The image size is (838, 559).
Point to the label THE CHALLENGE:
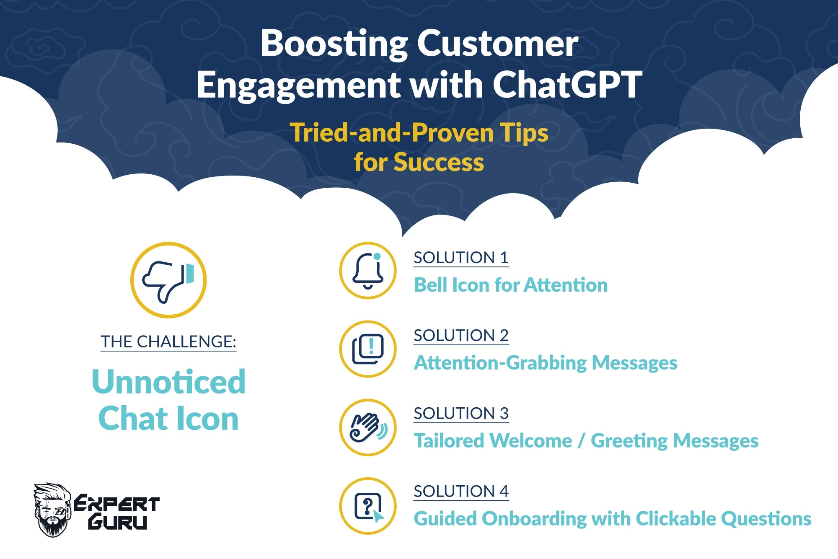click(x=168, y=342)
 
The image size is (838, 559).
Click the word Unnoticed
click(x=168, y=382)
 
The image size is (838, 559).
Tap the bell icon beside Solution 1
click(x=368, y=271)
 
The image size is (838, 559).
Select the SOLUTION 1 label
click(x=461, y=257)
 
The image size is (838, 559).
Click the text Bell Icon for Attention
click(x=511, y=285)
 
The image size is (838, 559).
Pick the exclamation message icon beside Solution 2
click(x=368, y=349)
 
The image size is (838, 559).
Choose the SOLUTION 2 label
click(x=461, y=335)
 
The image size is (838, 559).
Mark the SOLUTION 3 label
click(x=461, y=413)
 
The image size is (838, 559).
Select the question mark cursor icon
click(x=369, y=507)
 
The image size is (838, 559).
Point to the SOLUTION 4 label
click(x=461, y=491)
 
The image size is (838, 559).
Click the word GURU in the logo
click(x=117, y=522)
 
